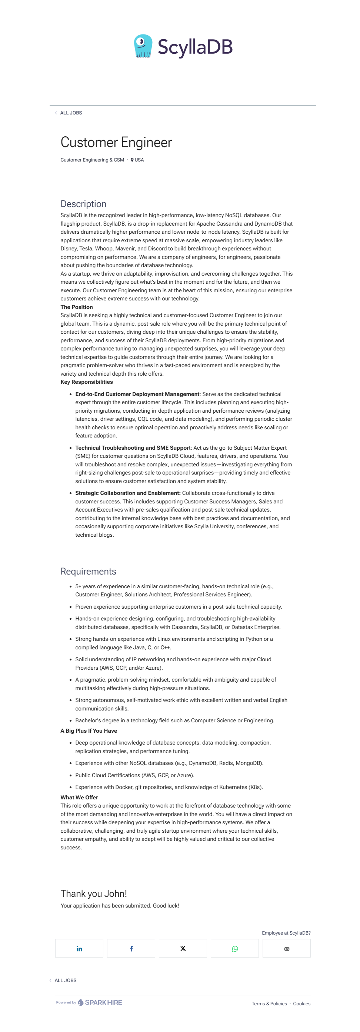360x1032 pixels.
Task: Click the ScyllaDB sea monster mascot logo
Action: (143, 46)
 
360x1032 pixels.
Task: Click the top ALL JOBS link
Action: (71, 113)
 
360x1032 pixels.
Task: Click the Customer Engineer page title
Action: (116, 143)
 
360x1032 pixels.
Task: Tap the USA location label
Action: (139, 160)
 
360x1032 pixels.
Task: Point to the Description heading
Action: (83, 204)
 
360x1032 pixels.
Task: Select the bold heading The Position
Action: (77, 307)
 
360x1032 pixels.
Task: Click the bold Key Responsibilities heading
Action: (87, 382)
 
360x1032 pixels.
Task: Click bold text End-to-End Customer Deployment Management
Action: (137, 394)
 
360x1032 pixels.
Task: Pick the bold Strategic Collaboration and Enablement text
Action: (128, 493)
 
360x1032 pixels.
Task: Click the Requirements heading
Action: (88, 571)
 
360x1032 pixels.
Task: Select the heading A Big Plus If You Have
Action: (89, 731)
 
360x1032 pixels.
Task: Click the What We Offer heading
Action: (79, 797)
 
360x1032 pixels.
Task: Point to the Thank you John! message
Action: (94, 893)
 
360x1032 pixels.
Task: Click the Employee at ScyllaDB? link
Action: (286, 933)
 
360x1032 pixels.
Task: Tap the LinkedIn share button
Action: (79, 948)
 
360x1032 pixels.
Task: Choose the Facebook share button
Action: (131, 948)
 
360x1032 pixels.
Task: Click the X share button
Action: (183, 948)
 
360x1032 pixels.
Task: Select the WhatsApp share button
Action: (235, 948)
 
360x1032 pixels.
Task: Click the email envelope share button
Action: (287, 948)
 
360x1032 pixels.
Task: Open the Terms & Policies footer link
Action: (269, 1003)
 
